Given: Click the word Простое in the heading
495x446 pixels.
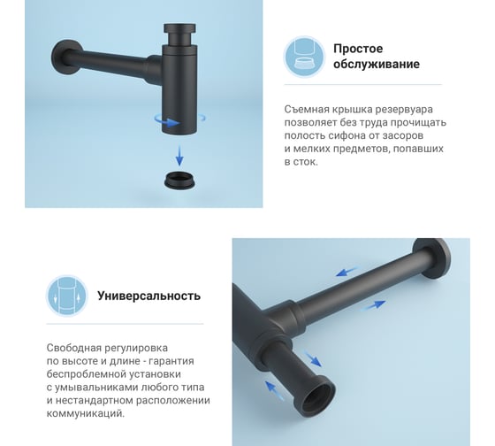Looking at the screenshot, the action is point(358,49).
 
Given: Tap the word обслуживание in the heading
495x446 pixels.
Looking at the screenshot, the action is point(377,64).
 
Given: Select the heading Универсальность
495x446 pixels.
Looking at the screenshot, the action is point(148,296).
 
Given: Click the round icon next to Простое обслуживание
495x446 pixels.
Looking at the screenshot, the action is point(304,57).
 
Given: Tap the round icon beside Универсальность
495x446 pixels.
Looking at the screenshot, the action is point(66,296).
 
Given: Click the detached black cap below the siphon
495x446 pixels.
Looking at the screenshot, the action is point(179,181).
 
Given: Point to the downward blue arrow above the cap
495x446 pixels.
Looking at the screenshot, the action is point(179,156).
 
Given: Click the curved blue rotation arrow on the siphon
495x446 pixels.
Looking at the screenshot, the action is point(167,122).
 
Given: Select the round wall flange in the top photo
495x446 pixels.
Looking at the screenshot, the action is point(65,58).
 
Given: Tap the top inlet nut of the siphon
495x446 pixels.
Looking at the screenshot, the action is point(179,28).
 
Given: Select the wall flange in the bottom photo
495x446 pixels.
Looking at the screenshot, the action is point(432,258).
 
